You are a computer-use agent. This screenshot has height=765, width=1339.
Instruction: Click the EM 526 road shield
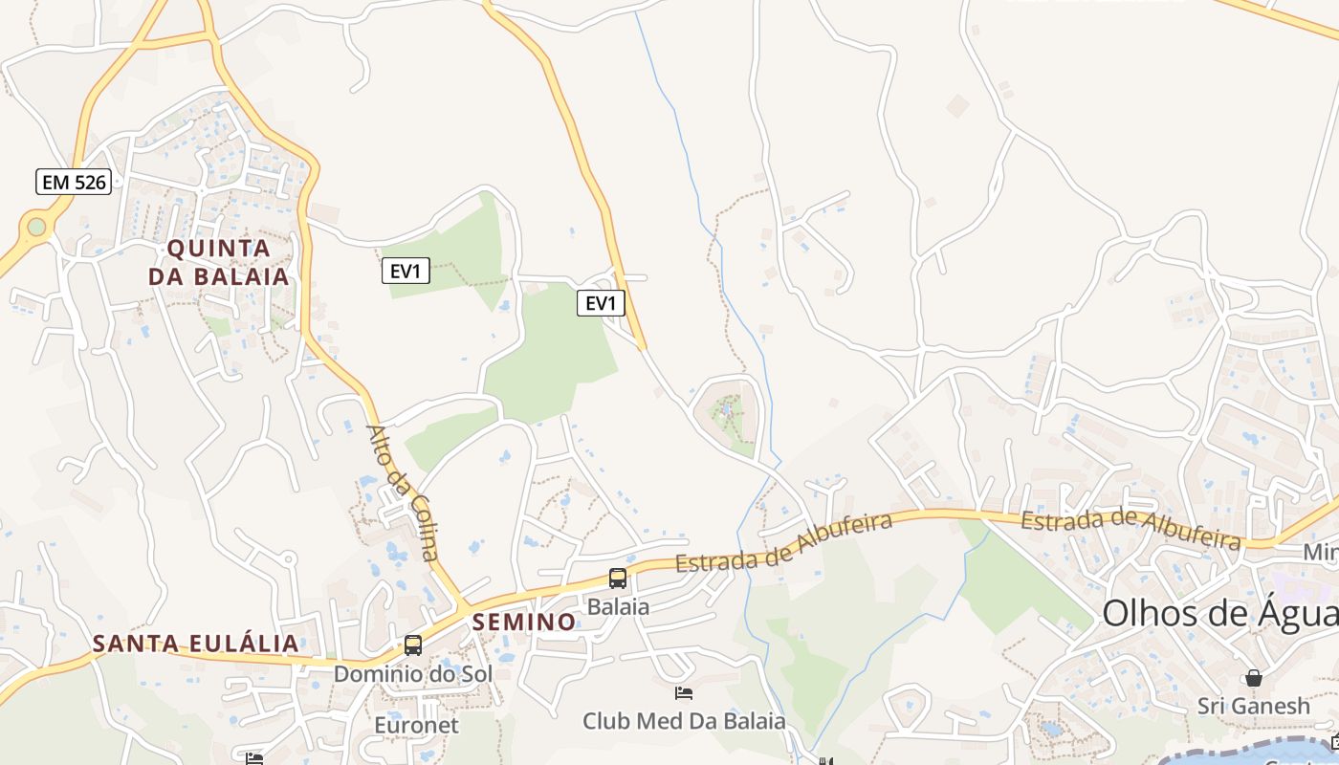pos(74,182)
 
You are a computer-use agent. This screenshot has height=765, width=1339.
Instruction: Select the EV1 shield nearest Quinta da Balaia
pos(406,272)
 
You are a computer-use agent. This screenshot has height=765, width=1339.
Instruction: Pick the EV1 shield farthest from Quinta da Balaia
pos(601,304)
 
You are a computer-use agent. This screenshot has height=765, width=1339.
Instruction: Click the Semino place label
pos(524,623)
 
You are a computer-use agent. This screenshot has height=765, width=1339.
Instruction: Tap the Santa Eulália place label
pos(196,644)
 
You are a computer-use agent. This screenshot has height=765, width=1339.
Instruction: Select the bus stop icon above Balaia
pos(618,579)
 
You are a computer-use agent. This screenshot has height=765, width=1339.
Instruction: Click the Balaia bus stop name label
pos(618,606)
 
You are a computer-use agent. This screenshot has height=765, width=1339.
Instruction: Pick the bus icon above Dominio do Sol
pos(413,645)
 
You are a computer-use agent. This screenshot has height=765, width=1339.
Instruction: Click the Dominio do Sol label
pos(412,673)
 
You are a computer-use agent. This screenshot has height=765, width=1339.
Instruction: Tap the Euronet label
pos(416,725)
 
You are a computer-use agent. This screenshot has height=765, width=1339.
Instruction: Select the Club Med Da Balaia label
pos(684,721)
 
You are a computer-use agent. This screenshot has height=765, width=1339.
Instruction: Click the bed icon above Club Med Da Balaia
pos(684,693)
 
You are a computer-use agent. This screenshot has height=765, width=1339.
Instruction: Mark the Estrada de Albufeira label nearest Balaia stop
pos(784,542)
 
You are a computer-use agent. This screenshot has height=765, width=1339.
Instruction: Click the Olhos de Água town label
pos(1219,613)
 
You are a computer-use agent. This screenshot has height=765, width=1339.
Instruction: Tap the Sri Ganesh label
pos(1253,707)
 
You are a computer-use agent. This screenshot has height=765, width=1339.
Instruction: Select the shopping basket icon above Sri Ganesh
pos(1253,678)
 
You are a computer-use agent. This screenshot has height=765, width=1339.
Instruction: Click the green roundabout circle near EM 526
pos(36,227)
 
